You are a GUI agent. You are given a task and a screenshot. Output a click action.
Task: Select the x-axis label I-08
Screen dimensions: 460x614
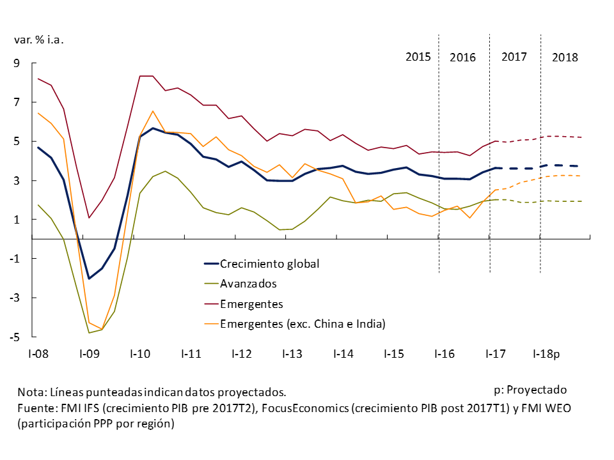point(37,353)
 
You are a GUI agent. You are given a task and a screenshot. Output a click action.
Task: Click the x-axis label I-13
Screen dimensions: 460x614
point(292,353)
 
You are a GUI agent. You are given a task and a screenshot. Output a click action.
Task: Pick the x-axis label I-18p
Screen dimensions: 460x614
point(546,353)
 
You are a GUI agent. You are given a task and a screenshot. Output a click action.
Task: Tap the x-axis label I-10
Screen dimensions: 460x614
point(139,353)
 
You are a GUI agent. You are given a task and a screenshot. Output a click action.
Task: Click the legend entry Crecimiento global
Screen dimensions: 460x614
point(269,263)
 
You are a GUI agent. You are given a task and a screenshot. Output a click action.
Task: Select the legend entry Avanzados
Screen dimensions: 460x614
point(248,284)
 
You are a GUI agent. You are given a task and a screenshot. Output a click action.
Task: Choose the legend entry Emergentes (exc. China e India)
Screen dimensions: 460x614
point(303,324)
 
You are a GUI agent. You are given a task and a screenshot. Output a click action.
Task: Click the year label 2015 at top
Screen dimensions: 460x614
point(419,57)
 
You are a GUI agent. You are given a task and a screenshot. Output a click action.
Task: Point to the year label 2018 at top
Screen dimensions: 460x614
point(565,57)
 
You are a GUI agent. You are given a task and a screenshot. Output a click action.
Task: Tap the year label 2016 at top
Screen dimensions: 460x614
point(462,57)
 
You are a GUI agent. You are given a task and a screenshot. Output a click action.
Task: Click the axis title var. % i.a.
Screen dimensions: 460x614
point(39,39)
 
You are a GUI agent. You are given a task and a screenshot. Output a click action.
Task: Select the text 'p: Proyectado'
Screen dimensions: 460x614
point(530,390)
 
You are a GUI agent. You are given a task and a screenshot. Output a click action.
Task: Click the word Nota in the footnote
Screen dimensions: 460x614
point(29,392)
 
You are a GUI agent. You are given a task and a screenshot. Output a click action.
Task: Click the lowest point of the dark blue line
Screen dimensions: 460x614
point(89,279)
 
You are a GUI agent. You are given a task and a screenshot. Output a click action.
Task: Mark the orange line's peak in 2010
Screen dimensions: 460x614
point(153,111)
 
